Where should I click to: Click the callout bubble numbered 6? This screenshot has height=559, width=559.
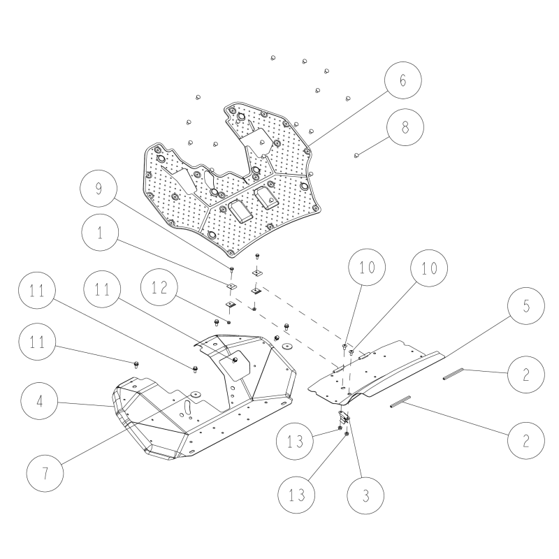point(403,80)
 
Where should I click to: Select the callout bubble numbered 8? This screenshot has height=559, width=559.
point(405,127)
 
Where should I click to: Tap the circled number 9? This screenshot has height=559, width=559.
point(99,188)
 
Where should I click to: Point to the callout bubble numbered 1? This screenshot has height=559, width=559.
point(100,233)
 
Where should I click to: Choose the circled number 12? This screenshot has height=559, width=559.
point(159,287)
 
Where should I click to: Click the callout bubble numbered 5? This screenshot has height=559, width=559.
point(526,306)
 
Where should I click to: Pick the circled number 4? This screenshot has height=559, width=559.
point(39,401)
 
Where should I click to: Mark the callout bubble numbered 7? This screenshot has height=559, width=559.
point(45,474)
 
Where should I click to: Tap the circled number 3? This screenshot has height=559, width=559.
point(365,495)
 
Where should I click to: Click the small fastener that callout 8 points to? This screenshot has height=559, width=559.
point(356,155)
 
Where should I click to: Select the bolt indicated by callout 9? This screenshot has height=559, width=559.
point(231,270)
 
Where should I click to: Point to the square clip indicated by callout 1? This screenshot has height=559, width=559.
point(232,286)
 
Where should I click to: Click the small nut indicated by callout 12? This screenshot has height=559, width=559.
point(229,322)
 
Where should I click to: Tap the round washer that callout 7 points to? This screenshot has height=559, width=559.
point(196,394)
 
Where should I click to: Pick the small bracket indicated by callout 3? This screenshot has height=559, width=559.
point(344,415)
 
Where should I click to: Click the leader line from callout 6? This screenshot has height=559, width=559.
point(349,117)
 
